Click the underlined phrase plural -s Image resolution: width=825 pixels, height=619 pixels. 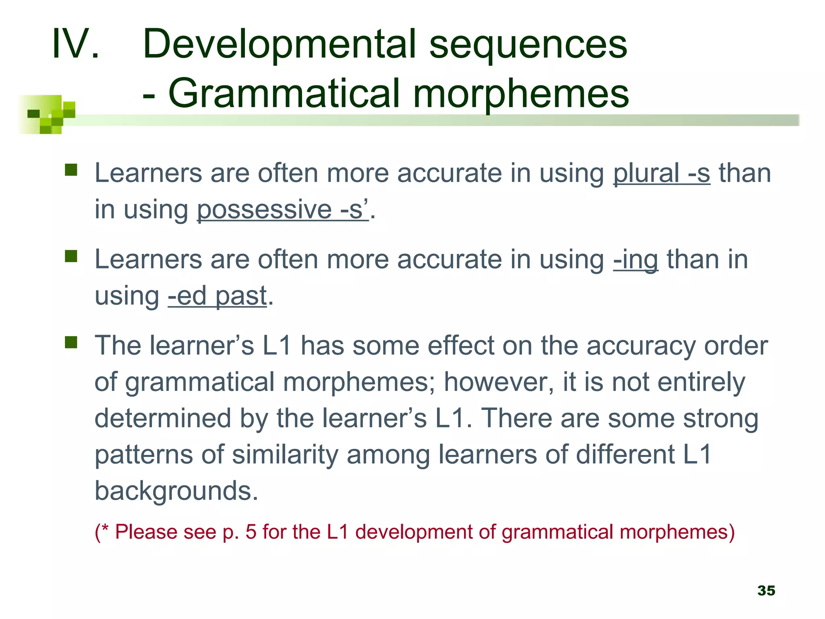661,173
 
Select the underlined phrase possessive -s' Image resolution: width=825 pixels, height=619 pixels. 282,210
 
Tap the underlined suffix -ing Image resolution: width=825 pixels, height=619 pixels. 635,260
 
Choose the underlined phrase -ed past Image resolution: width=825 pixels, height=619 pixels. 217,296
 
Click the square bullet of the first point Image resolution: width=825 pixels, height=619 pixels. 71,170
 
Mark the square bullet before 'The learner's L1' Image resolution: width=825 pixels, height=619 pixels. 71,343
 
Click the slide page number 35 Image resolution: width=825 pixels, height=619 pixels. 766,590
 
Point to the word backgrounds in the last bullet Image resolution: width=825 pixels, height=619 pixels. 176,491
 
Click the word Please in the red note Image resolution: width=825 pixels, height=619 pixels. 145,532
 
